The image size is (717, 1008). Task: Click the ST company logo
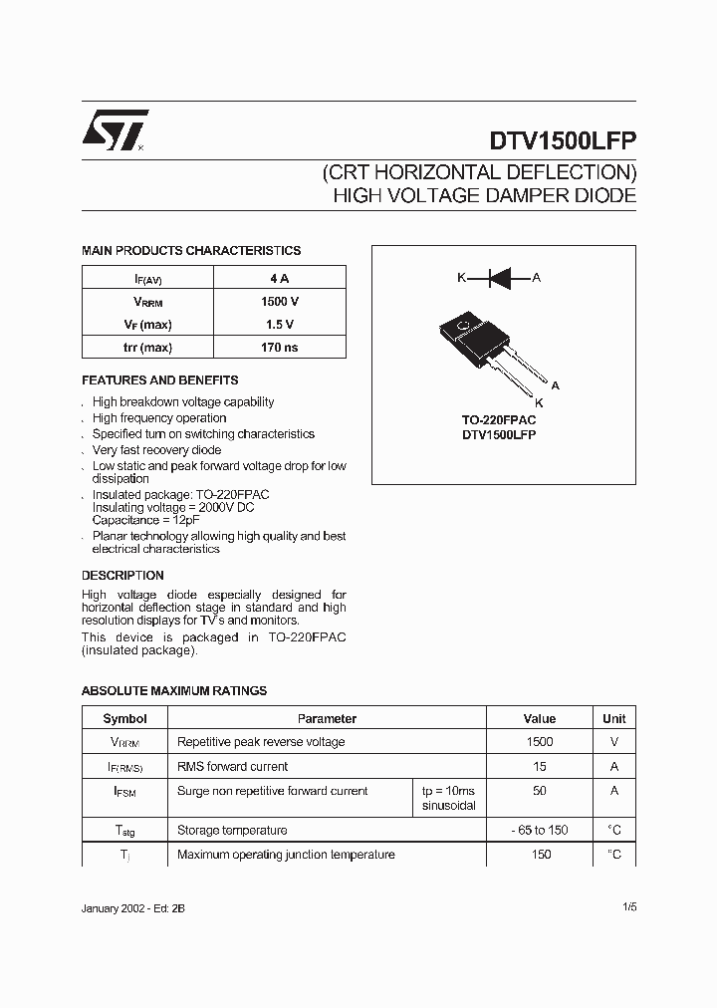[x=114, y=129]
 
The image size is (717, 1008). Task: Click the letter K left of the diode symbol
[x=461, y=278]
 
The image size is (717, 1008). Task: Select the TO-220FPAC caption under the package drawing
[x=499, y=420]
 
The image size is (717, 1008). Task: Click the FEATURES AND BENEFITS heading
[x=159, y=380]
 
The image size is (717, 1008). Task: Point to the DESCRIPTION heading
[x=122, y=576]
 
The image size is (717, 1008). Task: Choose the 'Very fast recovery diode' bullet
[x=156, y=450]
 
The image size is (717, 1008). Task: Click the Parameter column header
[x=327, y=718]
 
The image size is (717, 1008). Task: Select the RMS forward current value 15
[x=540, y=766]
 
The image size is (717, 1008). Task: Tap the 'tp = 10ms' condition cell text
[x=448, y=791]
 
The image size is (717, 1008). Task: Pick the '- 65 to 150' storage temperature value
[x=540, y=830]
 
